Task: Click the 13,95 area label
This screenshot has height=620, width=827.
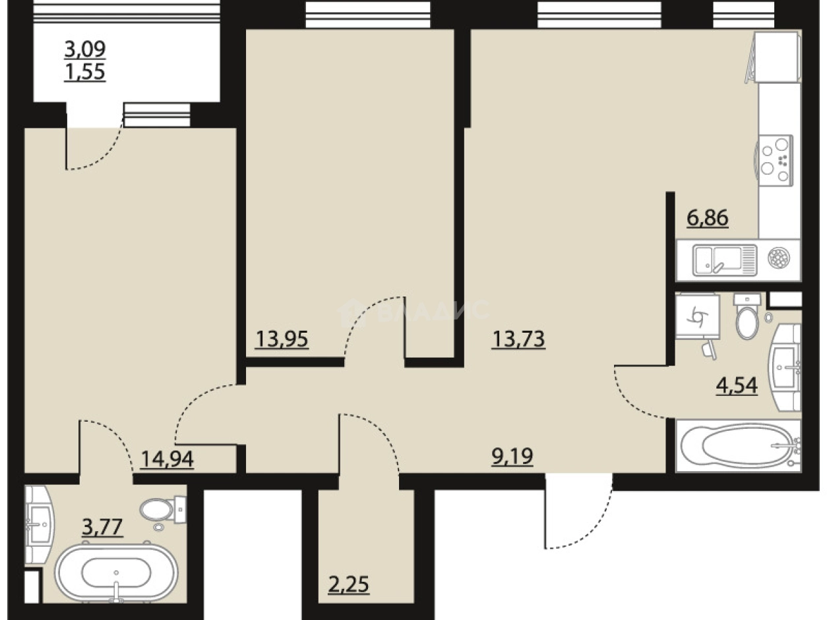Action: (x=282, y=339)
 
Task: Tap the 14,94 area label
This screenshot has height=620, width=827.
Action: (x=167, y=459)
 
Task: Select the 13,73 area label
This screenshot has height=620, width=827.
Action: (x=518, y=339)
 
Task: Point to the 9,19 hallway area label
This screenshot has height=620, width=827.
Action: (x=512, y=456)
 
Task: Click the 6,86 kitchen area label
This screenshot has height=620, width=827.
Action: (x=708, y=218)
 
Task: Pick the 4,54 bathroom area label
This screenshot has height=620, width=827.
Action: (x=737, y=385)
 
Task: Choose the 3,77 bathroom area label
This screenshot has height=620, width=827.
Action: (x=102, y=526)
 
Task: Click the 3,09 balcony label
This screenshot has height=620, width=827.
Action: (x=85, y=49)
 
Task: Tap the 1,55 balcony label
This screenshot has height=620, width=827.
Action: (x=85, y=72)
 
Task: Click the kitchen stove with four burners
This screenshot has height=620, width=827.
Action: (x=776, y=160)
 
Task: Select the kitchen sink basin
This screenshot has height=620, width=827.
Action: (x=725, y=260)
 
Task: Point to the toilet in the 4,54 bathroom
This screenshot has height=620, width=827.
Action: (x=747, y=316)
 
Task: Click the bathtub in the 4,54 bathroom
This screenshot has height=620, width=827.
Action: (x=739, y=446)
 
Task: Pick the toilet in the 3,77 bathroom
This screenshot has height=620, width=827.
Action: (x=163, y=510)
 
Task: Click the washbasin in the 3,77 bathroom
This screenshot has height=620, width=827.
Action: (x=40, y=524)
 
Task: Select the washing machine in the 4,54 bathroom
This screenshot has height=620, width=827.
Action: (x=698, y=316)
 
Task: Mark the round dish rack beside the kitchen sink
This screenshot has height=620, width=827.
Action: (x=779, y=259)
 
